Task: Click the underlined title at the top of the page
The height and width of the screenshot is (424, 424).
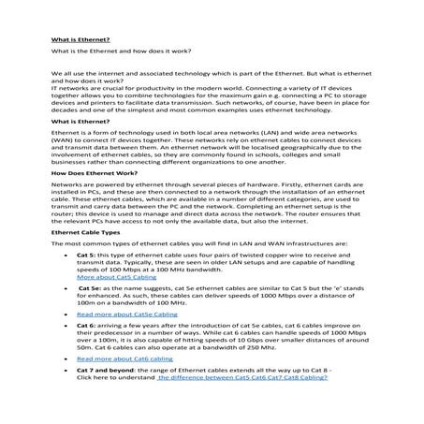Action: [80, 40]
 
